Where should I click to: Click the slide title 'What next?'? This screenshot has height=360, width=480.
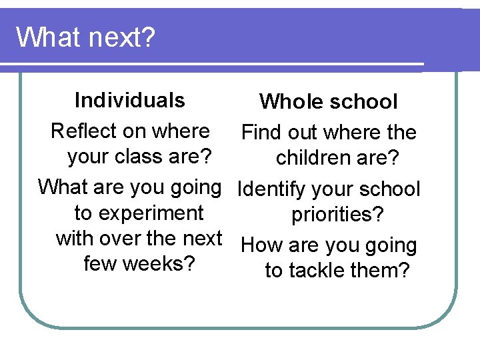coord(85,37)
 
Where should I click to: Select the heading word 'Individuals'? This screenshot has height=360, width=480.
coord(130,100)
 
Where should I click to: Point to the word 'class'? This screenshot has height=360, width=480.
coord(141,157)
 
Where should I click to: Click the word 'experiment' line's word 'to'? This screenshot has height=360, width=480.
coord(83,213)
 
